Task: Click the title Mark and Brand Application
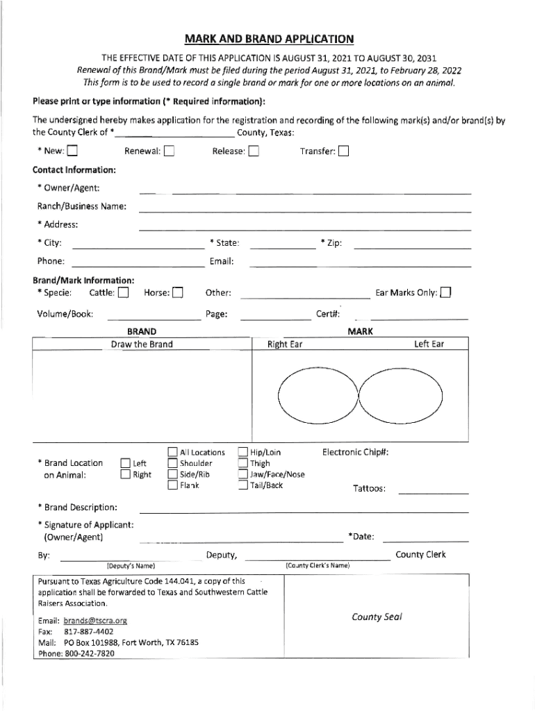click(x=268, y=40)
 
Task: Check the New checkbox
click(x=72, y=151)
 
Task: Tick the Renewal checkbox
click(x=170, y=151)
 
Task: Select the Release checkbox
click(x=254, y=151)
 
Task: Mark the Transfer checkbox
click(x=344, y=151)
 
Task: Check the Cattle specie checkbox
click(x=123, y=293)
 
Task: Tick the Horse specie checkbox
click(x=178, y=293)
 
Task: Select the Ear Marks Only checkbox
click(x=445, y=293)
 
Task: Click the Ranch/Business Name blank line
click(x=305, y=210)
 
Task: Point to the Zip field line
click(x=413, y=247)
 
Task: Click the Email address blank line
click(x=360, y=265)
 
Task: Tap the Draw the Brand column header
click(x=142, y=344)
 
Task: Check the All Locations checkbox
click(x=172, y=453)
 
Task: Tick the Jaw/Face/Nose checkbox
click(x=243, y=475)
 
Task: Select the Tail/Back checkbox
click(x=243, y=485)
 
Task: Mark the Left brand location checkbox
click(x=125, y=464)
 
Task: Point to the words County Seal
click(x=377, y=617)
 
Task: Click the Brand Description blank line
click(x=305, y=512)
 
